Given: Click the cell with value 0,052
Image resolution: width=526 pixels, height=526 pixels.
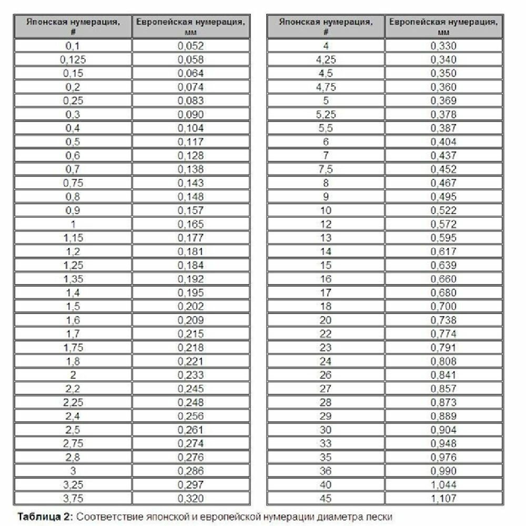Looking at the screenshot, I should [x=190, y=46].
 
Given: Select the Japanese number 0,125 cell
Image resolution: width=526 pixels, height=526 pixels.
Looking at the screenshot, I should [x=73, y=59].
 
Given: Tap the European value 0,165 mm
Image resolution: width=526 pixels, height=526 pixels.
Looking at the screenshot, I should [x=190, y=224].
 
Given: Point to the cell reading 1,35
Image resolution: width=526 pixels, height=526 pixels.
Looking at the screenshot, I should [x=73, y=279].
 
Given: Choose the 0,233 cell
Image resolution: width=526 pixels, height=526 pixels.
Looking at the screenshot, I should [x=190, y=375].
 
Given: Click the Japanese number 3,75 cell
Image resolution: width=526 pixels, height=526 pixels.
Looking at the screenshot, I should [x=73, y=498].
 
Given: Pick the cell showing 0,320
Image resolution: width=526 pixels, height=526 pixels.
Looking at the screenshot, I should [x=190, y=498].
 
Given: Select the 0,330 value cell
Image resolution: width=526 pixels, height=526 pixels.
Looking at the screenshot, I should [x=443, y=46].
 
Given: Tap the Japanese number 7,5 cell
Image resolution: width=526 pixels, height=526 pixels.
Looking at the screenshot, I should [x=326, y=169].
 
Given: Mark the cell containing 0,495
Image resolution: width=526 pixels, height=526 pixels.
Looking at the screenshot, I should [x=443, y=197].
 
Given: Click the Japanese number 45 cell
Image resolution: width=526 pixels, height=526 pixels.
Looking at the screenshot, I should [x=326, y=498].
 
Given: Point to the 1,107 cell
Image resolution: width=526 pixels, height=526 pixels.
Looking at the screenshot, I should [x=443, y=498].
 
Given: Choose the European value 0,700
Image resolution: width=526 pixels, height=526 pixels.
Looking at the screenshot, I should [x=443, y=306].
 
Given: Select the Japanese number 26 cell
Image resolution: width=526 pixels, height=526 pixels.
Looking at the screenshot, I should [x=326, y=375].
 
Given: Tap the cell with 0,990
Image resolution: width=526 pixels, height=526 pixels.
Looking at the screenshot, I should [x=443, y=471].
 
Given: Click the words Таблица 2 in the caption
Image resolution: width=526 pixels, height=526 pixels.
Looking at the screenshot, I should [x=44, y=517].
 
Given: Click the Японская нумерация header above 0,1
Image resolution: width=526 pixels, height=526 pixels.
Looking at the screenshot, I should [x=73, y=26].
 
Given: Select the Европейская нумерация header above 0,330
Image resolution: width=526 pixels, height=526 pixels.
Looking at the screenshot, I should [x=443, y=26].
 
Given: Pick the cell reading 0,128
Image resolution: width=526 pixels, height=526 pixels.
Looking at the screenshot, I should [x=190, y=156].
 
